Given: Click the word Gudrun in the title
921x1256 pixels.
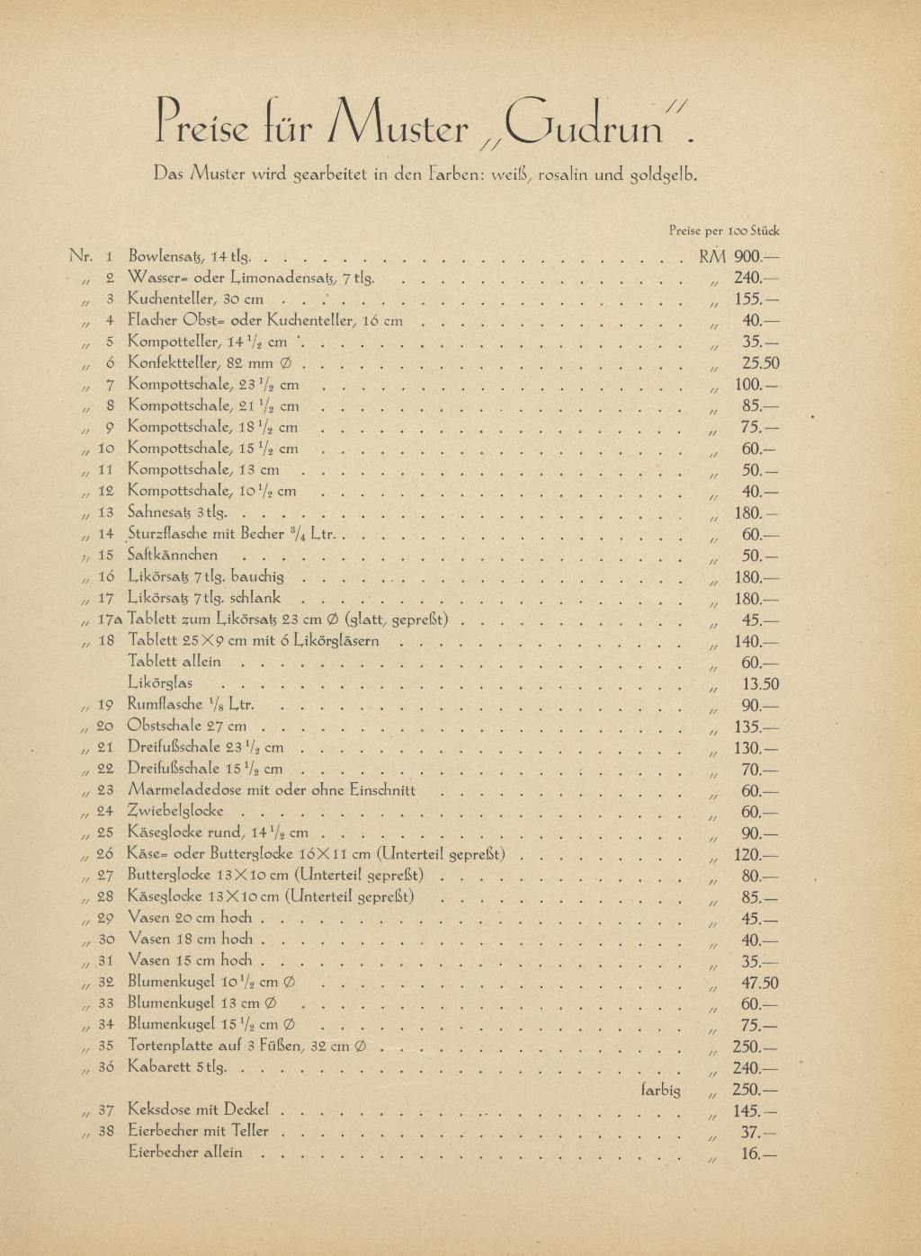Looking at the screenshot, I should [x=585, y=126].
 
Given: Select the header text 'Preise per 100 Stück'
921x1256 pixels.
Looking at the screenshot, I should [x=724, y=230].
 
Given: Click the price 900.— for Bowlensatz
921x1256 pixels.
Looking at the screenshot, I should [x=756, y=256].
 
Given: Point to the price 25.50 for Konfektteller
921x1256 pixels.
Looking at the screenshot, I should [x=760, y=363].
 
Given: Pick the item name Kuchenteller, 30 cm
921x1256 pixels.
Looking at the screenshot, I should [x=195, y=298].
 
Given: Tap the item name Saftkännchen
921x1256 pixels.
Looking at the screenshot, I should [x=173, y=556].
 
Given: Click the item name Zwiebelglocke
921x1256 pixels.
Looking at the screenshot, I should [x=176, y=812].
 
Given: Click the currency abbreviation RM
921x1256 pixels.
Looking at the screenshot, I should [x=711, y=256].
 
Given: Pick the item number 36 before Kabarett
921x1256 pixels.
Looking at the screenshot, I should [x=105, y=1067].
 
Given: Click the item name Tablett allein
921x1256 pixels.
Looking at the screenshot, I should [x=174, y=662].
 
